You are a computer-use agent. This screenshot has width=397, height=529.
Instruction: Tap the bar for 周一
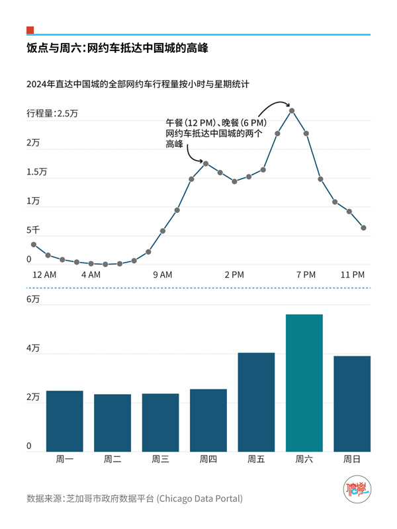click(64, 421)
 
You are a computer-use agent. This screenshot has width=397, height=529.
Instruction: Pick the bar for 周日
click(352, 404)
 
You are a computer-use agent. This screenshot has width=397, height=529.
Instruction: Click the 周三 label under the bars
click(160, 459)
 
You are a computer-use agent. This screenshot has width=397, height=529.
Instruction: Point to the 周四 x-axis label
click(208, 459)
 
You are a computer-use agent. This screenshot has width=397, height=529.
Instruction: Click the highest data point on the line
click(292, 110)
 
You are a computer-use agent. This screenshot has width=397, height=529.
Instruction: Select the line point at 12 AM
click(34, 245)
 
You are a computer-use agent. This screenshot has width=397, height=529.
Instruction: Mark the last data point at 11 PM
click(364, 228)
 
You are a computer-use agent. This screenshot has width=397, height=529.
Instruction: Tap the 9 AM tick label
click(162, 274)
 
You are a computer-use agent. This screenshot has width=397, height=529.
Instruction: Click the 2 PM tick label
click(234, 274)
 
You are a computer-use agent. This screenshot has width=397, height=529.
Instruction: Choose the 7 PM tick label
click(306, 274)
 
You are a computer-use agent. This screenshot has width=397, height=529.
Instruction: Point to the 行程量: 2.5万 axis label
click(52, 113)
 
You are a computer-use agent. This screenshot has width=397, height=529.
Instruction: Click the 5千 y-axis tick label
click(33, 230)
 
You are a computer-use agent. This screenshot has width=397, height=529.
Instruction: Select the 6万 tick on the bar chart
click(33, 299)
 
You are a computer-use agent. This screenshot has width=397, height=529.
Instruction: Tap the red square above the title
click(30, 30)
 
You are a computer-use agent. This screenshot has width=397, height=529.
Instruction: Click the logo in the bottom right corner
click(357, 493)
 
